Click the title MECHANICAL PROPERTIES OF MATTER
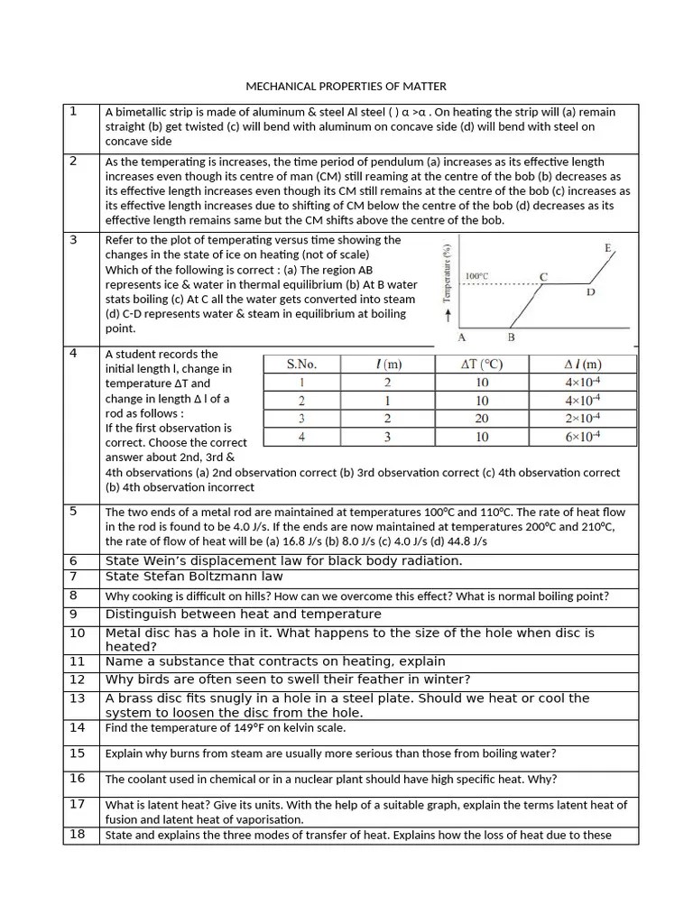coord(346,87)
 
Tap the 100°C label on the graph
coord(478,275)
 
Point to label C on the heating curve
coord(543,276)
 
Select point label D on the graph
coord(590,292)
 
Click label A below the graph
coord(462,337)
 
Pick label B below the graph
coord(511,337)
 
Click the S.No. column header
coord(302,365)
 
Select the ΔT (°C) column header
coord(482,365)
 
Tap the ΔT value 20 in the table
coord(482,419)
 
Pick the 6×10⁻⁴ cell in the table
coord(583,437)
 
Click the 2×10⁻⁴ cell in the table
coord(583,419)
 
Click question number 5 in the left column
coord(73,512)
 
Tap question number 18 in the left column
coord(77,834)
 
